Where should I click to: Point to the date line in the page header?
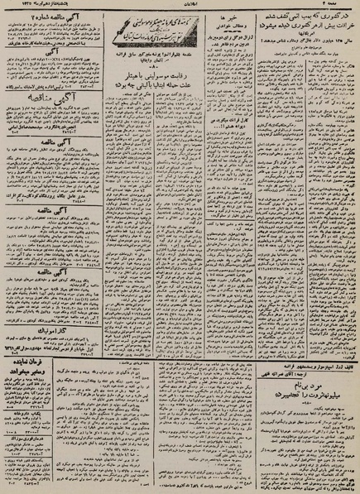tap(33, 7)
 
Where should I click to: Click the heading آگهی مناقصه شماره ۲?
tap(41, 18)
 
